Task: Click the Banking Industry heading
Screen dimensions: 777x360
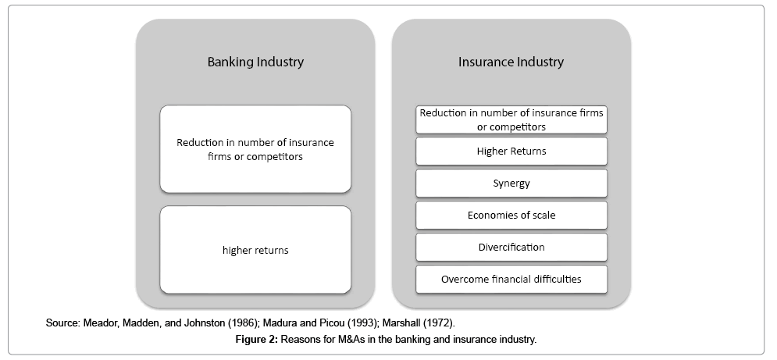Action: [255, 62]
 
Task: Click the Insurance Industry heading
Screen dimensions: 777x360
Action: [511, 62]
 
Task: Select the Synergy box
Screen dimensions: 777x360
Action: [511, 184]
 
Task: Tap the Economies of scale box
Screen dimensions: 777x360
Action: [511, 216]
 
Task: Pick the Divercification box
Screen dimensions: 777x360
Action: [511, 247]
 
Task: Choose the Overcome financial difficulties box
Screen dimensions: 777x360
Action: [511, 279]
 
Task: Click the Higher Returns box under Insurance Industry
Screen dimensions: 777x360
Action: [511, 151]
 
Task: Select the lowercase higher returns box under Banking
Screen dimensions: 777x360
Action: [255, 250]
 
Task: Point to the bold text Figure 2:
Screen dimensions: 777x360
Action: [257, 340]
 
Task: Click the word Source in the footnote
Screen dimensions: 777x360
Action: [62, 323]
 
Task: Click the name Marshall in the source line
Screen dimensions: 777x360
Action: [401, 323]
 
